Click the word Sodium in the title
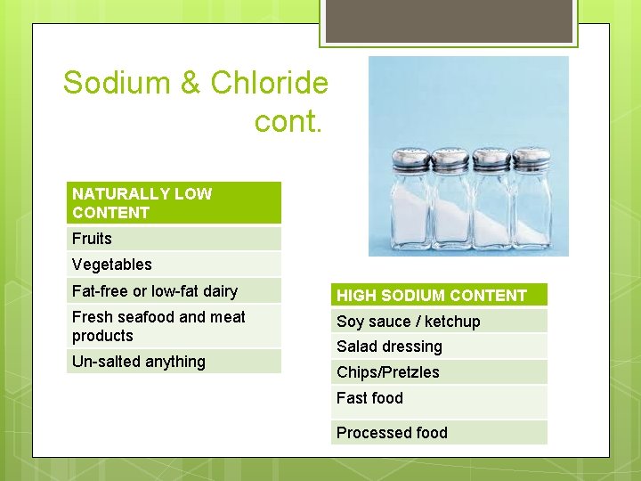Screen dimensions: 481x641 pos(117,84)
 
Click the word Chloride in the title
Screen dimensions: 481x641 pos(270,84)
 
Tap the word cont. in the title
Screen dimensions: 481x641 pos(287,121)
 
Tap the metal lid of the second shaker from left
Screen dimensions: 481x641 pos(450,159)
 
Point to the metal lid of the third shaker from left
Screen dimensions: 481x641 pos(491,159)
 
